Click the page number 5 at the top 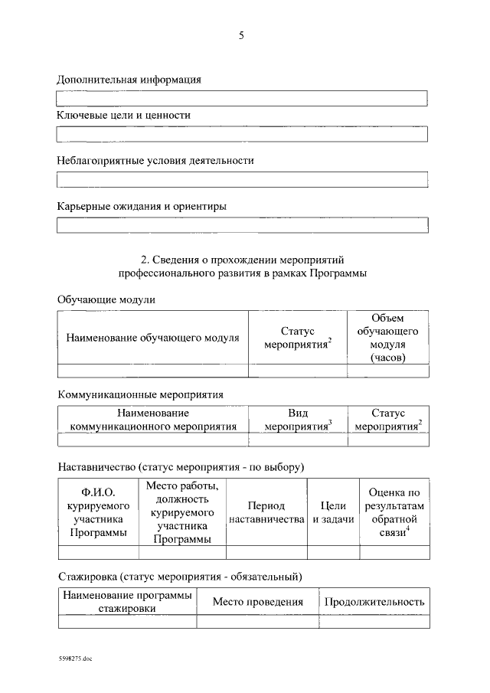point(241,35)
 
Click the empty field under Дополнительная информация point(243,98)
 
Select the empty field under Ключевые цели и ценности point(243,134)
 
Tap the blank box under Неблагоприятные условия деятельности point(243,180)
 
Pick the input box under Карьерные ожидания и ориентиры point(243,225)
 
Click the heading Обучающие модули point(106,299)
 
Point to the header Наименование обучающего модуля point(152,338)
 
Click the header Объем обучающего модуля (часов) point(387,338)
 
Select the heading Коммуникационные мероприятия point(140,394)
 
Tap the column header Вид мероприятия point(298,420)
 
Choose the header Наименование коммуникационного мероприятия point(153,420)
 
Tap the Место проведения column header point(257,602)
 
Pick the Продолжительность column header point(374,602)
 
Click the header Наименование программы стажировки point(127,602)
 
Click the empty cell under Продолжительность point(374,622)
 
